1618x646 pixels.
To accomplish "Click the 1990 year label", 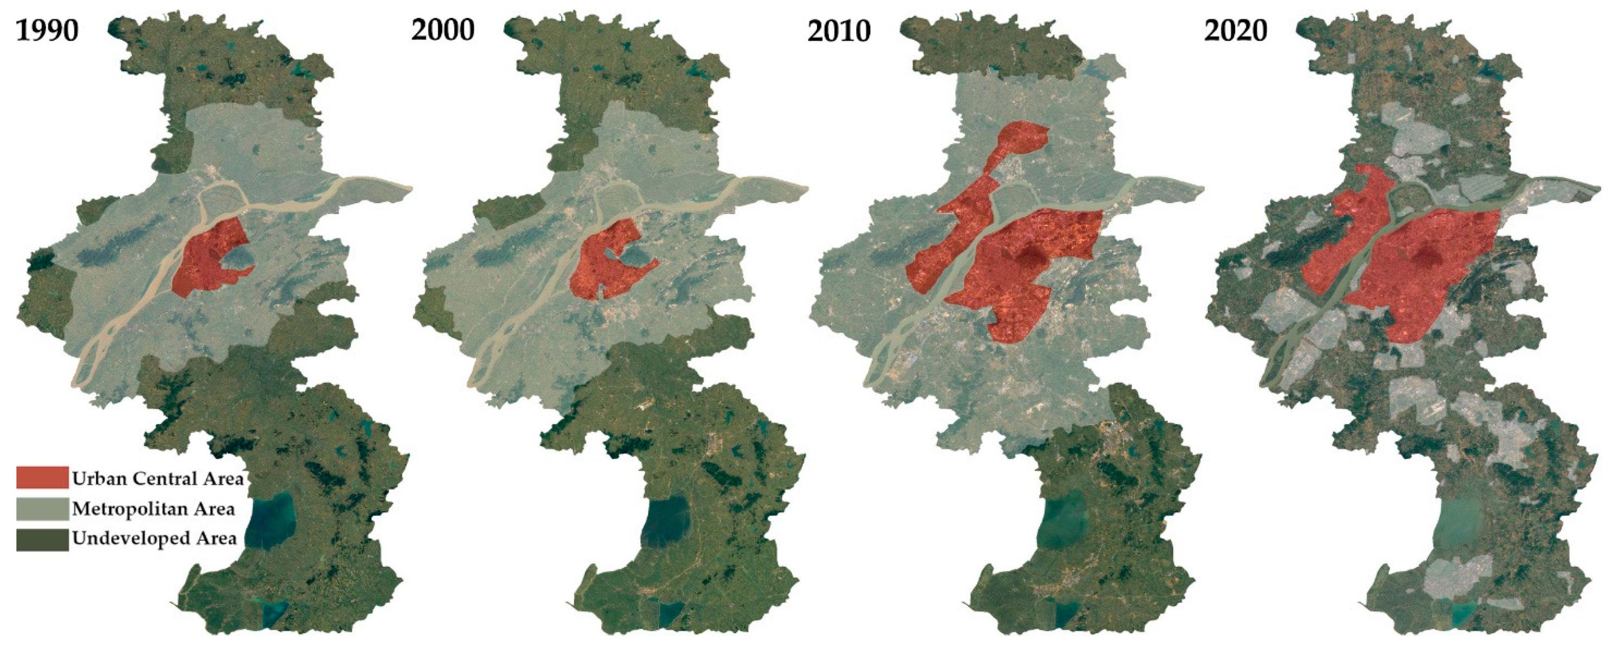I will [47, 30].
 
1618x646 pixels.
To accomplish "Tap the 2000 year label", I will [443, 30].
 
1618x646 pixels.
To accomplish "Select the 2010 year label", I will [839, 30].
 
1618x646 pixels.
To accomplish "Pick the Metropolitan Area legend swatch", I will [42, 508].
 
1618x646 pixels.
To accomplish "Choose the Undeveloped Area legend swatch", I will [42, 539].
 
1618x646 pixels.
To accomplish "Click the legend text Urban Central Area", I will [157, 478].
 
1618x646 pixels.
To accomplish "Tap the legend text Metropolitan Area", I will [153, 508].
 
